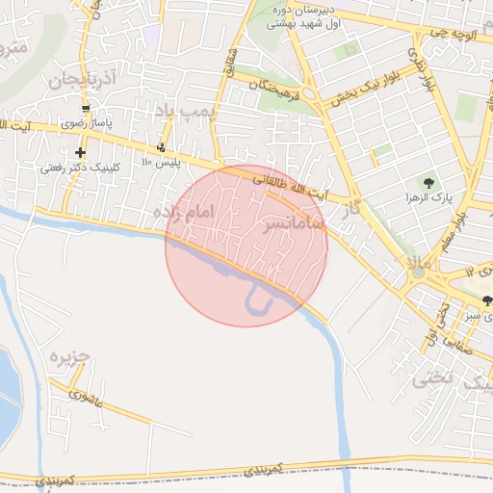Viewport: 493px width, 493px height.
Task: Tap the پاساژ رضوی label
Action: coord(89,123)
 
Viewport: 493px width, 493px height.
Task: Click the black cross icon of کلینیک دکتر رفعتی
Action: coord(80,152)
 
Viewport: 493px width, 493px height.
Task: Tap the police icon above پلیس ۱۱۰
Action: coord(161,147)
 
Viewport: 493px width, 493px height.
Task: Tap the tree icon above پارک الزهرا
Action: coord(428,183)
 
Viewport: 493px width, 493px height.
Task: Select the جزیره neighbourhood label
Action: coord(70,356)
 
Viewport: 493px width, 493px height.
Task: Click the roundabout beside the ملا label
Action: coord(417,273)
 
